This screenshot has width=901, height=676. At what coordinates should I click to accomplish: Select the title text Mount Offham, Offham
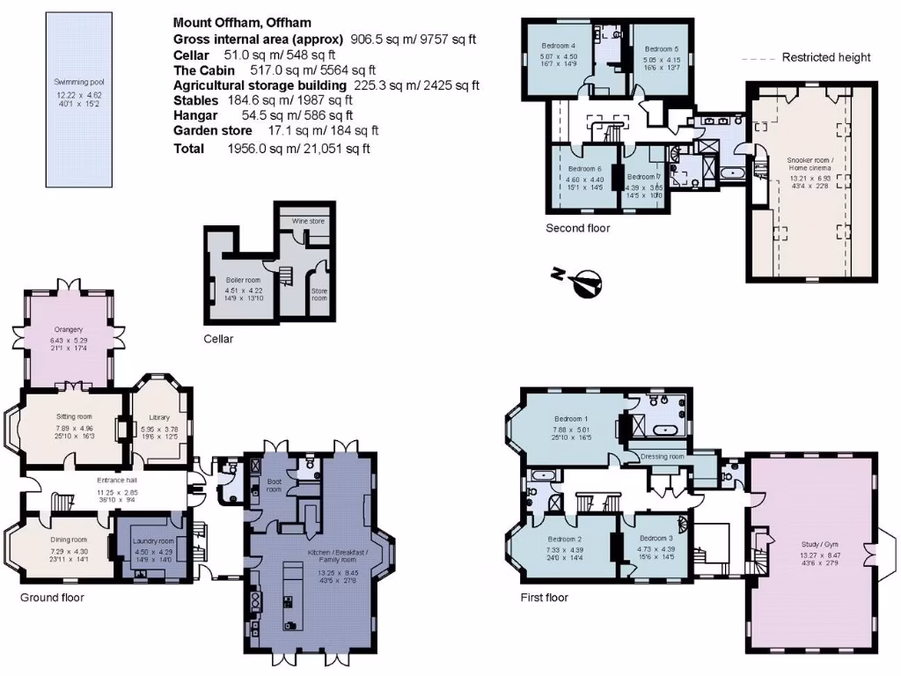point(242,23)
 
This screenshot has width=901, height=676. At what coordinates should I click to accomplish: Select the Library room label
point(159,417)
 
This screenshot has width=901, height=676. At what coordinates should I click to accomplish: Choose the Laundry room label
point(153,540)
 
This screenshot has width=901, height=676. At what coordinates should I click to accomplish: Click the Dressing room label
point(663,457)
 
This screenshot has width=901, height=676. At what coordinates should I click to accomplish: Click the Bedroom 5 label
point(662,49)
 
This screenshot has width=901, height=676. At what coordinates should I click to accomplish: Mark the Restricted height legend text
point(826,58)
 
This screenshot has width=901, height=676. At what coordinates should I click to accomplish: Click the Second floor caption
point(577,228)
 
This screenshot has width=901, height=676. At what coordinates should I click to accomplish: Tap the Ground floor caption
point(52,598)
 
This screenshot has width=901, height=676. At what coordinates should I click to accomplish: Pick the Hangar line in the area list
point(263,114)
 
